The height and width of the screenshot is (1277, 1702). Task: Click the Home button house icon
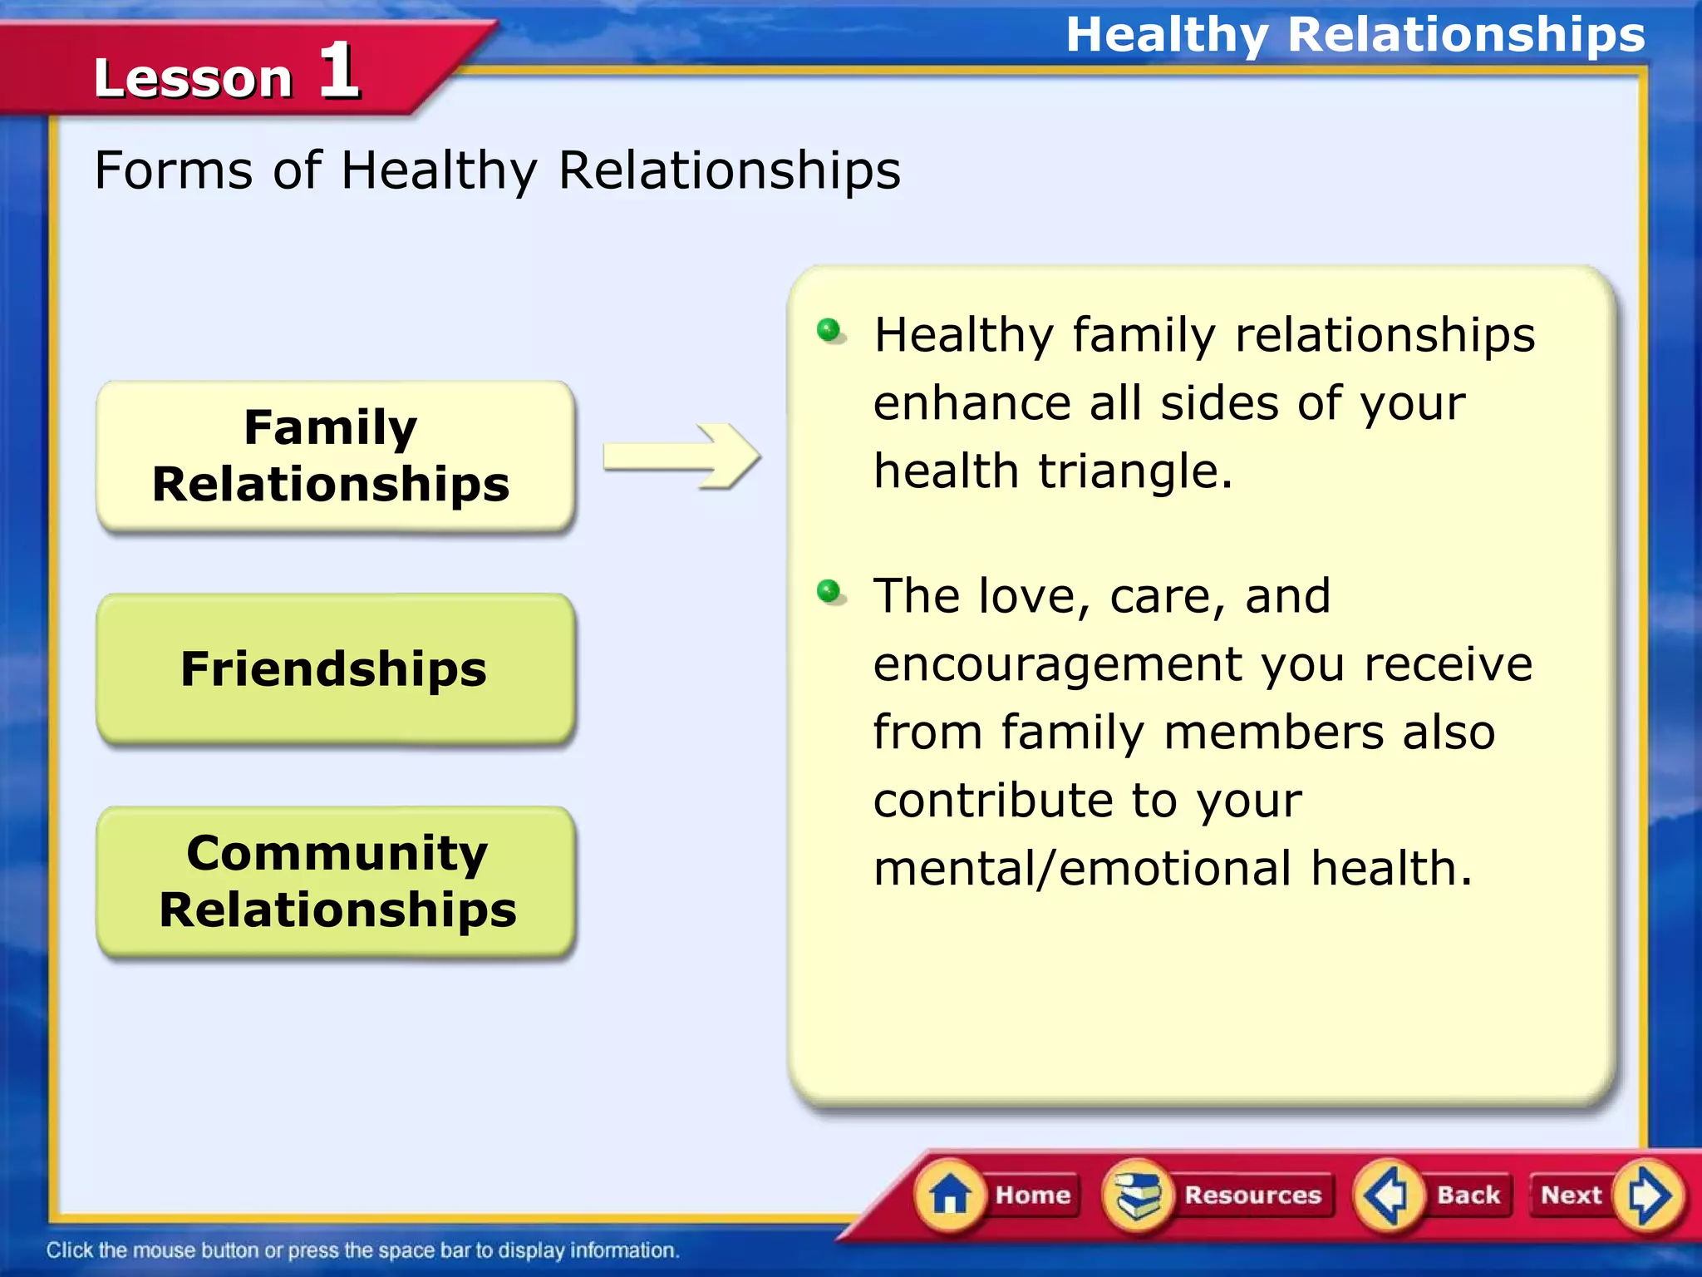click(950, 1195)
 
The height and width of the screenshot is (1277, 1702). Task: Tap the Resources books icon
click(1138, 1195)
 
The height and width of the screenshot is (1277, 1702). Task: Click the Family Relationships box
click(335, 456)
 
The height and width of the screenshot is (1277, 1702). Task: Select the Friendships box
click(335, 668)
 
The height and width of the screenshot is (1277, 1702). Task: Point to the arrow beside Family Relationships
click(681, 456)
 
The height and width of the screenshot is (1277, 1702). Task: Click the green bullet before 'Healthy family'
click(829, 330)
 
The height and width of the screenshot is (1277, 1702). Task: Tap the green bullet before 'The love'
click(829, 591)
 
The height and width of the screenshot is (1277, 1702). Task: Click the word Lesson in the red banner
click(193, 79)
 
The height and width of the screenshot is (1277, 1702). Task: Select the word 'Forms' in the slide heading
click(174, 170)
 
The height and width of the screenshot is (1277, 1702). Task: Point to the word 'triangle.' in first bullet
click(1135, 471)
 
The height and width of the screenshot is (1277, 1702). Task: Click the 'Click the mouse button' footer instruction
click(362, 1250)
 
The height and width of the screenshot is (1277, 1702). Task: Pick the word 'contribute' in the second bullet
click(992, 801)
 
